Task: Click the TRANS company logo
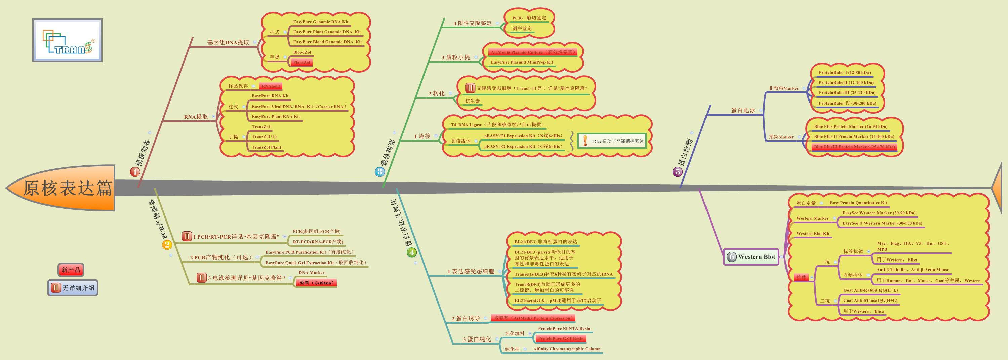pyautogui.click(x=67, y=40)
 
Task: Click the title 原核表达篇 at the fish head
pyautogui.click(x=67, y=188)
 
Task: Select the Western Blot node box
pyautogui.click(x=751, y=257)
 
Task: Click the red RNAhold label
pyautogui.click(x=270, y=86)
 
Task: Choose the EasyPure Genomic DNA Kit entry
pyautogui.click(x=320, y=22)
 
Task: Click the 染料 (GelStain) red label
pyautogui.click(x=316, y=283)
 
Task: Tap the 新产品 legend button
pyautogui.click(x=71, y=270)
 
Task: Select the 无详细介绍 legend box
pyautogui.click(x=73, y=288)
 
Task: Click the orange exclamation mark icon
pyautogui.click(x=585, y=141)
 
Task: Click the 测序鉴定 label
pyautogui.click(x=522, y=29)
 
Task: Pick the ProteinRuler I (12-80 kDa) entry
pyautogui.click(x=844, y=72)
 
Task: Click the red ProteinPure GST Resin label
pyautogui.click(x=560, y=339)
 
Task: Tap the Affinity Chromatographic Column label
pyautogui.click(x=566, y=349)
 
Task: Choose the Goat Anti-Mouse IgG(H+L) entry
pyautogui.click(x=870, y=301)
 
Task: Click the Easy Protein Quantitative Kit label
pyautogui.click(x=858, y=203)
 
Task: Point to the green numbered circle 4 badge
pyautogui.click(x=411, y=252)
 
